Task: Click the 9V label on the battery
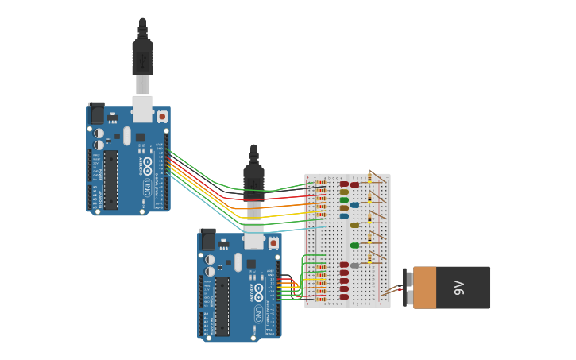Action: click(459, 287)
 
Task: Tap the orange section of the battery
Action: click(424, 288)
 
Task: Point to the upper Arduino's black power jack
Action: click(97, 114)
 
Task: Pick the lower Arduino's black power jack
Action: click(208, 239)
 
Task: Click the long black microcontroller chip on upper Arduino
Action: click(111, 180)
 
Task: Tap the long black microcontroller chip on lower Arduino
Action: click(222, 305)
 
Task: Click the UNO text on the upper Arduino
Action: click(148, 188)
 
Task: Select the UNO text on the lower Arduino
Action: click(259, 314)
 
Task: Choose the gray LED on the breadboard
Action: click(354, 265)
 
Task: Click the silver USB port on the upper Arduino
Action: click(142, 109)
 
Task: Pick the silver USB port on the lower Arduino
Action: click(253, 235)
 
